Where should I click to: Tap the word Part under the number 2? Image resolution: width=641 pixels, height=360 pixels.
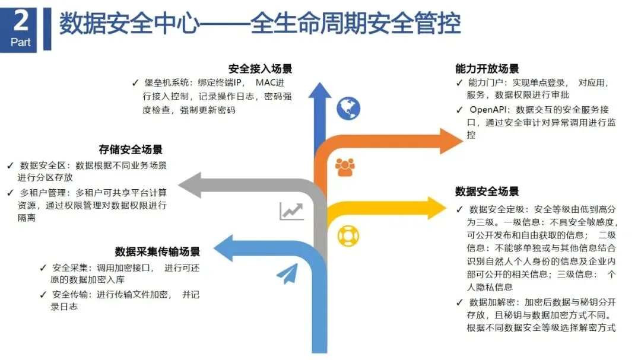click(21, 43)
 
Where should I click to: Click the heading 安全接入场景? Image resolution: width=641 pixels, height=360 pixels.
click(260, 69)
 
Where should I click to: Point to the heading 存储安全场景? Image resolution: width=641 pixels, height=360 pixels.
click(131, 149)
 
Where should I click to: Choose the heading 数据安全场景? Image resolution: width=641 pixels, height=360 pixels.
click(487, 191)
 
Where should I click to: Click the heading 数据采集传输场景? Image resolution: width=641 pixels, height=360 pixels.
click(157, 251)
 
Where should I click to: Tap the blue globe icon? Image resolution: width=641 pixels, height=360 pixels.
click(348, 107)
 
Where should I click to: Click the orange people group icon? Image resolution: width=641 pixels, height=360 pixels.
click(345, 168)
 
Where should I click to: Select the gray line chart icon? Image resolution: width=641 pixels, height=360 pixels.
click(291, 211)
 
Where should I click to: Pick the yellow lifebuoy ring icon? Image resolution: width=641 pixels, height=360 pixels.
click(347, 235)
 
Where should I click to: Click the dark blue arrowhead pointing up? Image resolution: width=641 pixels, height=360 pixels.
click(320, 92)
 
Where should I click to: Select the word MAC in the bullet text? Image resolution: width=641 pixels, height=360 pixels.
click(267, 82)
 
